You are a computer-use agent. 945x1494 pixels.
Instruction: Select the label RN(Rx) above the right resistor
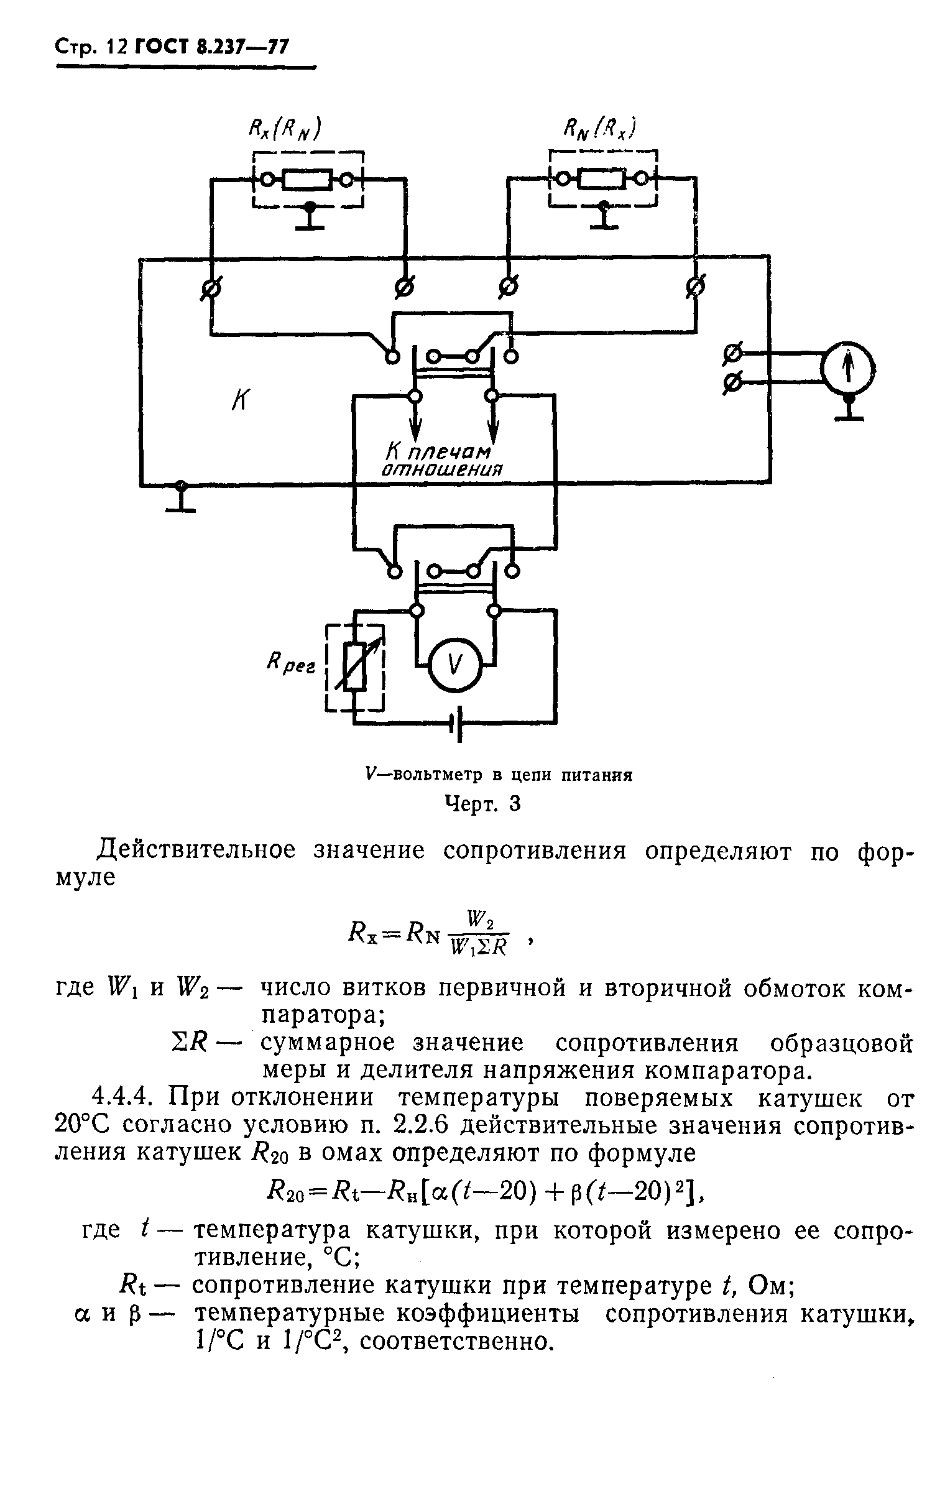pyautogui.click(x=597, y=131)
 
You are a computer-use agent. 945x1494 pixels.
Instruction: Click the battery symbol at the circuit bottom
pyautogui.click(x=458, y=723)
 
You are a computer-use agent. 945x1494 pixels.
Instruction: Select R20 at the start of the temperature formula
pyautogui.click(x=285, y=1191)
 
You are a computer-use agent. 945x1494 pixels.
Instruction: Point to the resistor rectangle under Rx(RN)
pyautogui.click(x=307, y=180)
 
